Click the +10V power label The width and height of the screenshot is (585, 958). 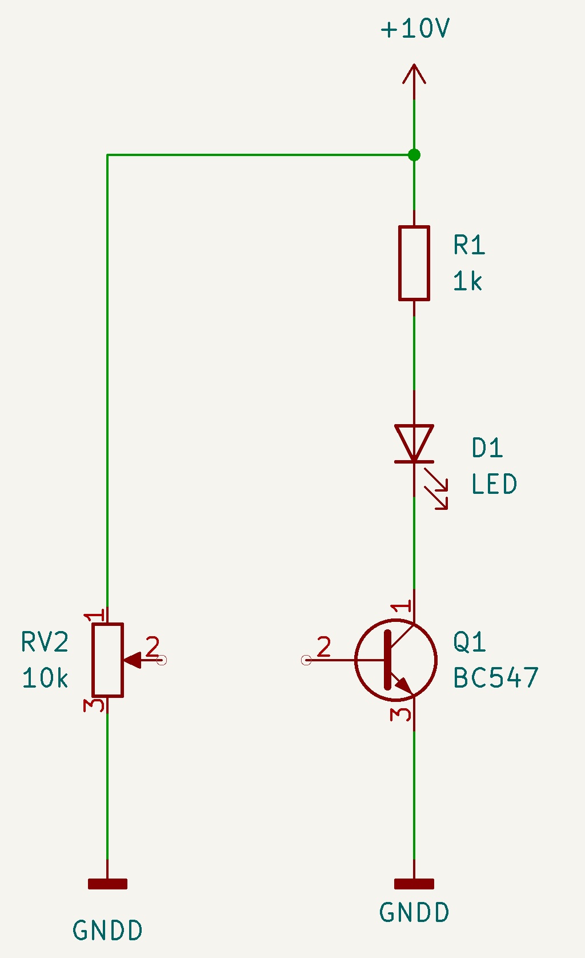(415, 29)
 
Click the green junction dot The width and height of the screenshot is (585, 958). (414, 154)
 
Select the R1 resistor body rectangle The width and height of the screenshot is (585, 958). (414, 263)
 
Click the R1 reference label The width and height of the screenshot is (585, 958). (469, 245)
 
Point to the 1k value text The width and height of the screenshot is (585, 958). (467, 281)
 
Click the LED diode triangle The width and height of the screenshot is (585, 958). (414, 443)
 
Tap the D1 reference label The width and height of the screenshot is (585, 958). (487, 448)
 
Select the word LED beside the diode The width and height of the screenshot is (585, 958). (494, 484)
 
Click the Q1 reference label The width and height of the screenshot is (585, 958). (469, 642)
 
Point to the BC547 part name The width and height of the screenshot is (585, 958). (496, 678)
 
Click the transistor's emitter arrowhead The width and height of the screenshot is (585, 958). (404, 685)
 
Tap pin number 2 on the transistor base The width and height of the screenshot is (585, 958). (323, 646)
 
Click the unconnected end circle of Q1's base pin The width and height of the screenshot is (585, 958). (306, 660)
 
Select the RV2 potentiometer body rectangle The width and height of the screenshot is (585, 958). (107, 660)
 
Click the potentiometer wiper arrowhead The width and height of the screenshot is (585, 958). (133, 660)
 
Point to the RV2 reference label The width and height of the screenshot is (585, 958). (45, 642)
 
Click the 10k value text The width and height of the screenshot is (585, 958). (45, 678)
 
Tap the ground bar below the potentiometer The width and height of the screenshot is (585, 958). (107, 884)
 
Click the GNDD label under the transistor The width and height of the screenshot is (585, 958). (414, 912)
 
